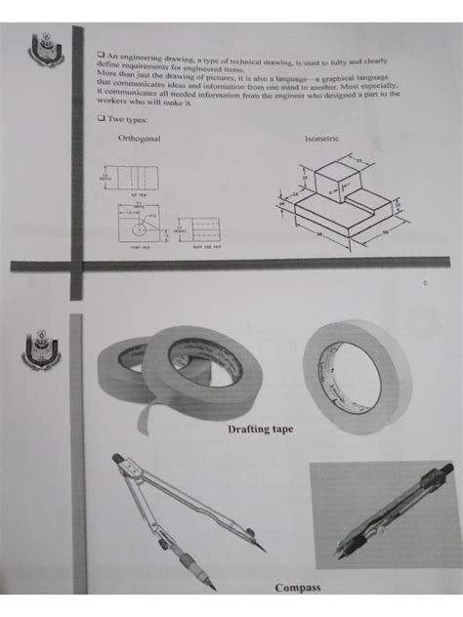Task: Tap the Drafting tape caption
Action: tap(261, 430)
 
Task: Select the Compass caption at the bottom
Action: tap(297, 588)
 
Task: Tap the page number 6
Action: tap(426, 285)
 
